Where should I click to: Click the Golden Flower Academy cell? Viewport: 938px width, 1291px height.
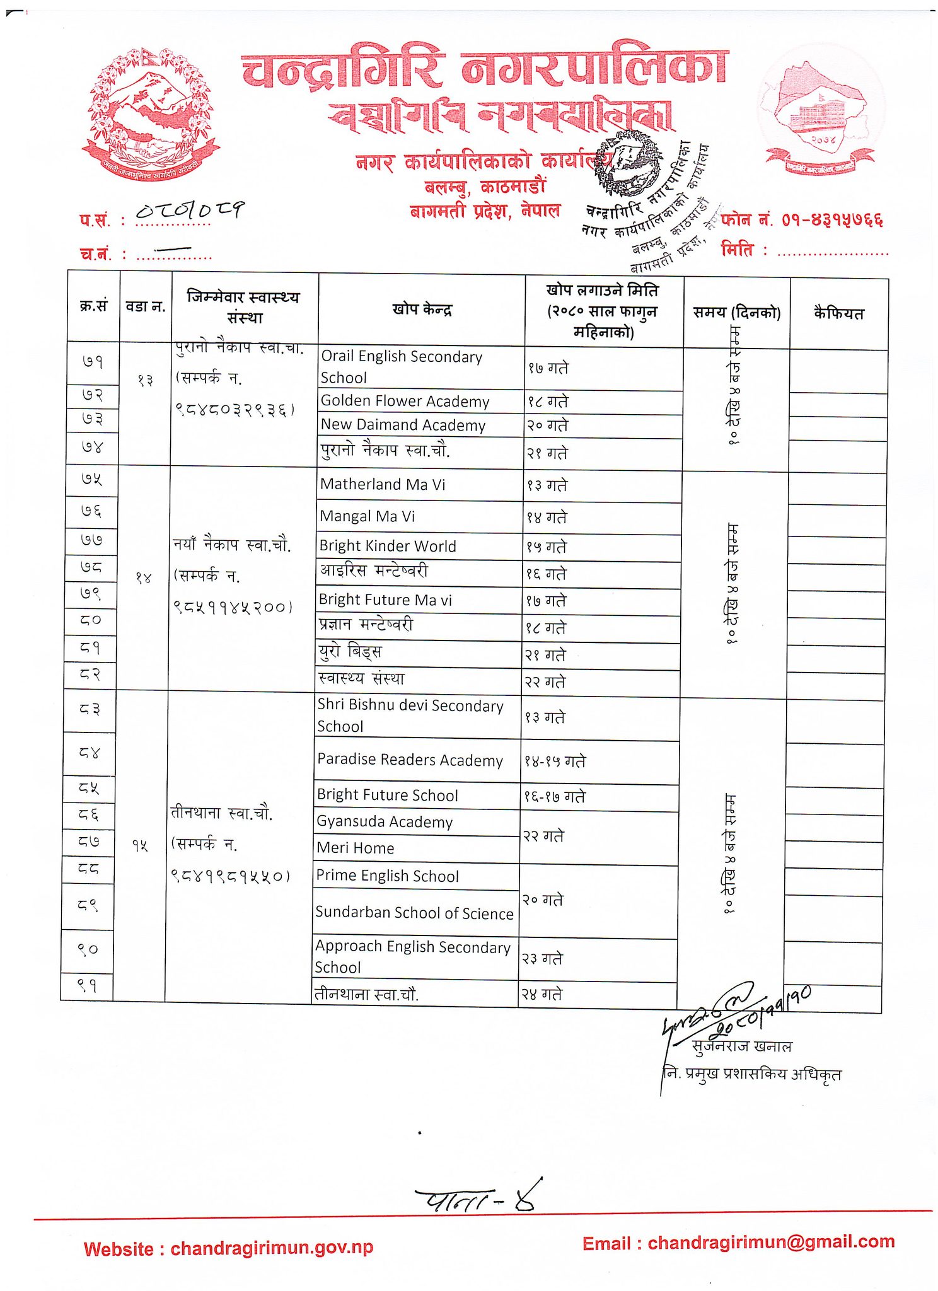point(405,402)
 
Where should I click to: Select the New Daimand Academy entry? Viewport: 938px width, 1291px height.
point(403,426)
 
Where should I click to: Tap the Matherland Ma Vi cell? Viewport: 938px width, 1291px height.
point(382,485)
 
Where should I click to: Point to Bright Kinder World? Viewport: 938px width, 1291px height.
point(388,547)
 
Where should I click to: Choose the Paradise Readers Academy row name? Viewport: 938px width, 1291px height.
point(410,760)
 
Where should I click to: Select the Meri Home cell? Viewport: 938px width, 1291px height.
point(356,848)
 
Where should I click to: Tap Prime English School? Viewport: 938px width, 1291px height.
point(387,876)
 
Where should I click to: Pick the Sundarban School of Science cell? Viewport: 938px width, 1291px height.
point(414,913)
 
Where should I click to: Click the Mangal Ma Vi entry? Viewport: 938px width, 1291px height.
point(368,517)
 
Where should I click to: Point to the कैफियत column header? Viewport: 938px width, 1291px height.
point(838,313)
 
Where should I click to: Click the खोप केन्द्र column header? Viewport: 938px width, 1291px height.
point(422,310)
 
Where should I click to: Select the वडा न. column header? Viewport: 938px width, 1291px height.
point(146,307)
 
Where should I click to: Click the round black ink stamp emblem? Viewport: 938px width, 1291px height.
point(628,163)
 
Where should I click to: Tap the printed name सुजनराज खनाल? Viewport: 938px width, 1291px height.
point(741,1047)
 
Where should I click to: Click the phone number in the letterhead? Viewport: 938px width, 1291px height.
point(831,220)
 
